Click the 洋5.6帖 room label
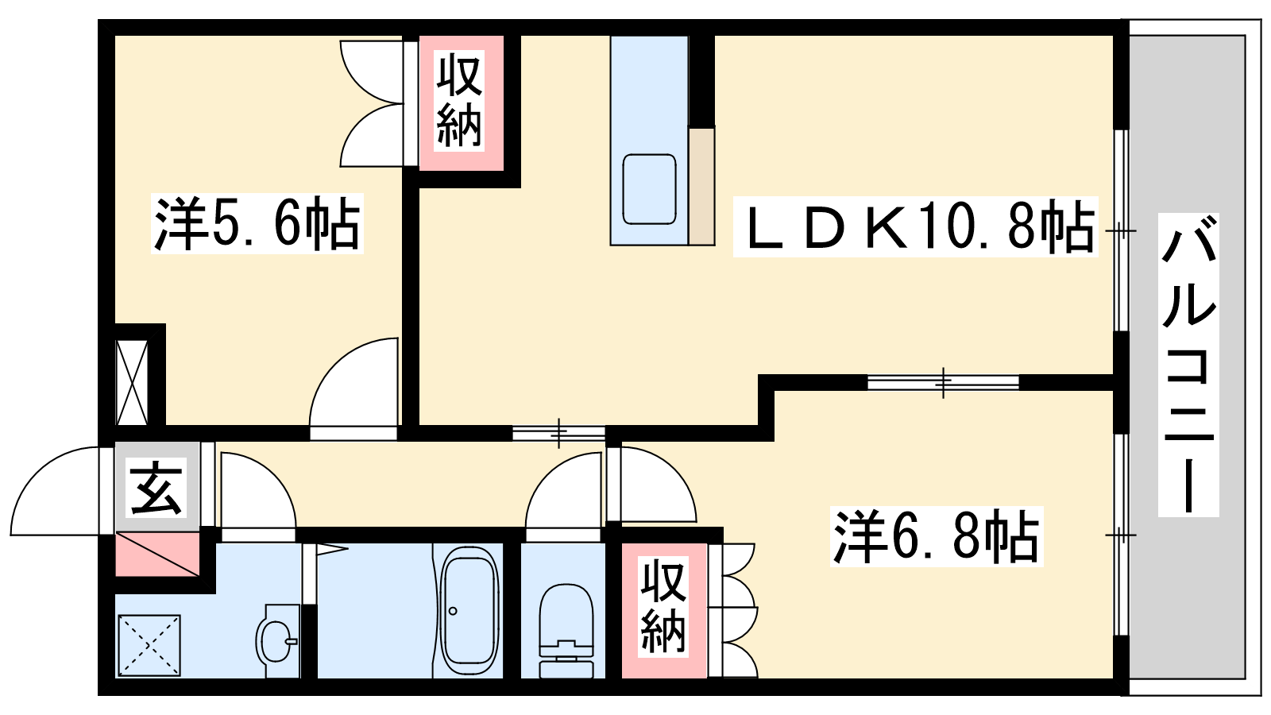click(x=257, y=223)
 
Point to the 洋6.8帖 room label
click(x=937, y=537)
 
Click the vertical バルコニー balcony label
click(x=1188, y=365)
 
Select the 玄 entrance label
click(x=156, y=488)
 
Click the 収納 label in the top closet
click(x=459, y=100)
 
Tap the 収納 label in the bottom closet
click(x=663, y=606)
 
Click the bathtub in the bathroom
click(x=469, y=611)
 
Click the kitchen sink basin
click(x=649, y=189)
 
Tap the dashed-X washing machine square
click(x=149, y=646)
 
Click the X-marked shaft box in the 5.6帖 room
click(x=132, y=382)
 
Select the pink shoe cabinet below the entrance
click(x=157, y=555)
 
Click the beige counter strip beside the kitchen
click(x=702, y=187)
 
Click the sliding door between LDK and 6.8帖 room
click(x=943, y=382)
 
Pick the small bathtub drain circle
click(x=452, y=611)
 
